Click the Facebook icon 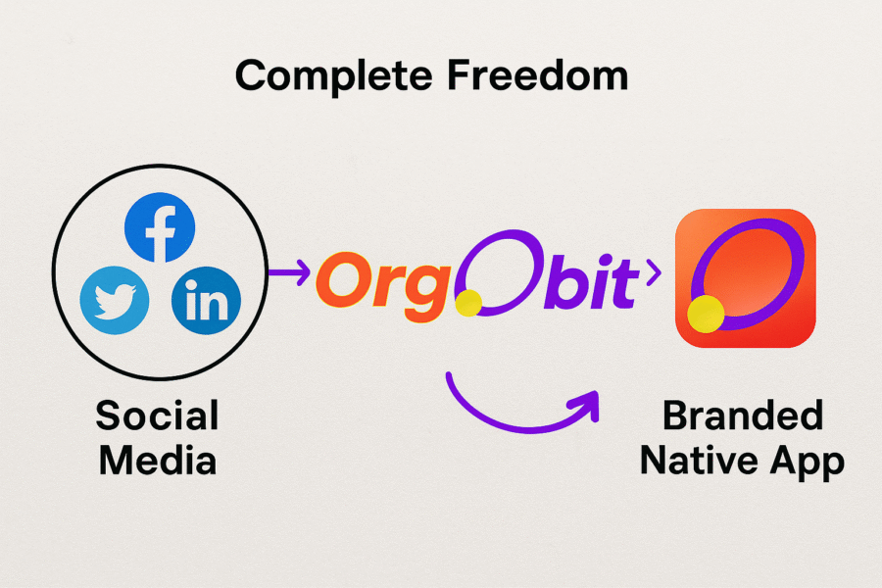(x=160, y=228)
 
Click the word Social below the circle (x=157, y=416)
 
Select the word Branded (x=743, y=416)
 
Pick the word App (x=808, y=461)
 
